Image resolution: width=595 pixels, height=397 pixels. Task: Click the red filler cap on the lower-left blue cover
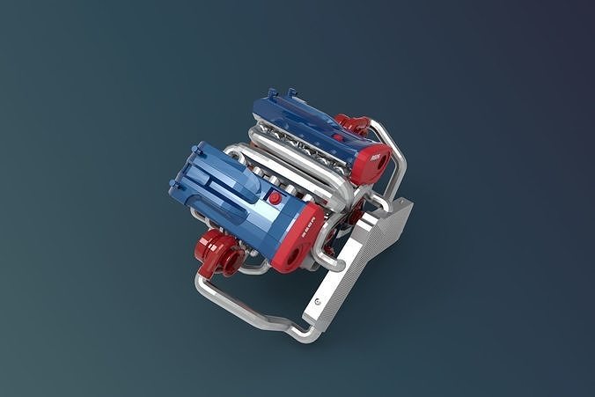(275, 197)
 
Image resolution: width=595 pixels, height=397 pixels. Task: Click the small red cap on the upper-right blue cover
(338, 136)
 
